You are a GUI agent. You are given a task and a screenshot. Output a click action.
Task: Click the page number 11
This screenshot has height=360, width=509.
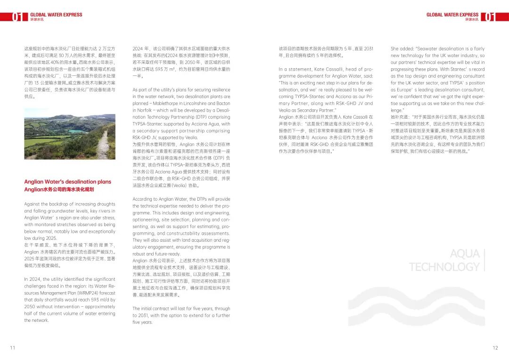[13, 348]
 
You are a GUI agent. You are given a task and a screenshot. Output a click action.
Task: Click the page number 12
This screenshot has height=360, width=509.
[495, 348]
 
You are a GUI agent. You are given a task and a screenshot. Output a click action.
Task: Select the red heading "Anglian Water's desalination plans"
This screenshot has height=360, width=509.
[68, 182]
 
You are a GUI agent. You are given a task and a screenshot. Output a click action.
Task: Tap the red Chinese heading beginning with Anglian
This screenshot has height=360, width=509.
[59, 189]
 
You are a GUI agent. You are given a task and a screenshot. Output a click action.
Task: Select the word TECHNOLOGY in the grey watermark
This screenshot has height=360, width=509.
[444, 267]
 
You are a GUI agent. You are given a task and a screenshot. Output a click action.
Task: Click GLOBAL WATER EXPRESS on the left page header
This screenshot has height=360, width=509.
[56, 15]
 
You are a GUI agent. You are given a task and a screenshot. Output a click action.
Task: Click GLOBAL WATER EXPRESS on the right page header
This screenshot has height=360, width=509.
[452, 15]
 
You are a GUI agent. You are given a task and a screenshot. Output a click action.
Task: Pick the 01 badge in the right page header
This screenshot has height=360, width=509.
[490, 17]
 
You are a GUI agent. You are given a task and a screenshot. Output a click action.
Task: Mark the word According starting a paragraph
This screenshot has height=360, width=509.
[143, 199]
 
